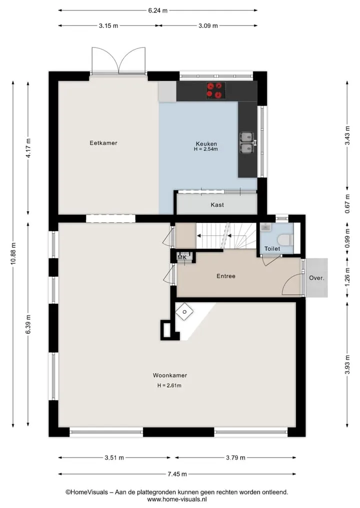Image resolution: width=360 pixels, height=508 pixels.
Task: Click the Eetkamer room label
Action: (103, 143)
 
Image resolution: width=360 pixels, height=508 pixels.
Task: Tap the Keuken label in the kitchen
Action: (206, 143)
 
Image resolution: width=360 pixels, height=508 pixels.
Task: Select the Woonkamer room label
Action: (170, 376)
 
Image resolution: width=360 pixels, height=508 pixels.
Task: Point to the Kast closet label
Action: (217, 205)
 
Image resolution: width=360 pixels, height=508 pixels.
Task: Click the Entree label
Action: (226, 276)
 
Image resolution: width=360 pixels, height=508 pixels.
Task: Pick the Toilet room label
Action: (272, 249)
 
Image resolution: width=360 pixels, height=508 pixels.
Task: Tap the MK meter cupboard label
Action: (182, 258)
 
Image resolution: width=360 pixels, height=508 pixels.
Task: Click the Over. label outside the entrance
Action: (316, 278)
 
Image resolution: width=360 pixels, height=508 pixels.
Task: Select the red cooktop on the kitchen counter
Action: (216, 90)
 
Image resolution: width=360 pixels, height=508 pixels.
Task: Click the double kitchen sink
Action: (247, 142)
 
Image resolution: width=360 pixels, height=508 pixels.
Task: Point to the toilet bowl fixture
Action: (285, 240)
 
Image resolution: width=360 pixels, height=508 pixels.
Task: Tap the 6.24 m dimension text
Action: (158, 10)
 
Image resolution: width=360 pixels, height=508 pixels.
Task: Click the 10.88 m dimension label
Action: (13, 254)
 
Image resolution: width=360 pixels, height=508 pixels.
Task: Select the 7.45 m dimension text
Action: (177, 475)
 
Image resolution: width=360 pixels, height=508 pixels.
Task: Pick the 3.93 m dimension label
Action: (347, 365)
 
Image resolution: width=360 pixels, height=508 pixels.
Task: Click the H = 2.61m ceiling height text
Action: (169, 386)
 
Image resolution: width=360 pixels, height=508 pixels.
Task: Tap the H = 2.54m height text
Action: (206, 149)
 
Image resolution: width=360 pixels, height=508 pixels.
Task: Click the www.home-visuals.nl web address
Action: (177, 500)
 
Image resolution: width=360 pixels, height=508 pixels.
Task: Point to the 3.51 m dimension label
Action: (114, 458)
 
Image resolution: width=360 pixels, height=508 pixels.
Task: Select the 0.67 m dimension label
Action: (347, 204)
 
